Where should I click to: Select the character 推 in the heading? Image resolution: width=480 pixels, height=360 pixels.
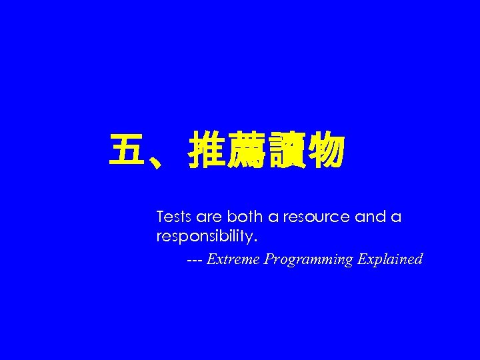[x=207, y=150]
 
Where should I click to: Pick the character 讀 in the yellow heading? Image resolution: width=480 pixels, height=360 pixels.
[x=286, y=150]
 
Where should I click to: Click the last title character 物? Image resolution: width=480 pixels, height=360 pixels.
[x=325, y=150]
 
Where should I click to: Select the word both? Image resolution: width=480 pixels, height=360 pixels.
[x=244, y=217]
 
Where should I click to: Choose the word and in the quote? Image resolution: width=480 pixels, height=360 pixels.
[x=370, y=217]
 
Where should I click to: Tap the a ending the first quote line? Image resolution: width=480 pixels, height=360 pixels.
[x=397, y=218]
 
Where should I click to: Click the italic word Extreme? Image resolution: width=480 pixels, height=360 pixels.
[x=234, y=259]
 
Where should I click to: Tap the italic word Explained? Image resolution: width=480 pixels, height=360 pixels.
[x=390, y=259]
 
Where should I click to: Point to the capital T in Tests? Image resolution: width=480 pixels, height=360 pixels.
[x=160, y=217]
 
